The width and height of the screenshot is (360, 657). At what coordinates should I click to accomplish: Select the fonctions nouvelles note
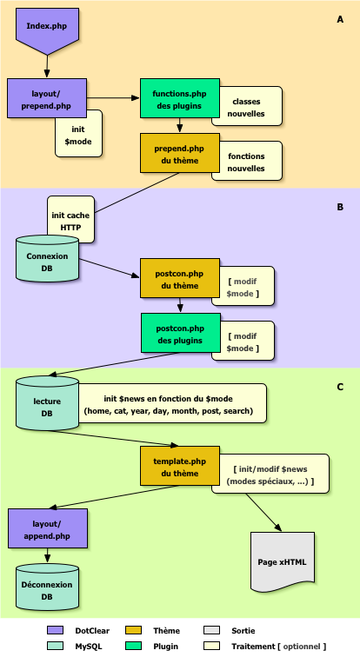coord(251,162)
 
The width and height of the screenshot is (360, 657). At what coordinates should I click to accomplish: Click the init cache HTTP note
coord(70,221)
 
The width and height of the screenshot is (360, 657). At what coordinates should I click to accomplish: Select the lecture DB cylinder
coord(47,403)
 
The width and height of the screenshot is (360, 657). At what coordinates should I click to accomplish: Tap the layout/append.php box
coord(47,530)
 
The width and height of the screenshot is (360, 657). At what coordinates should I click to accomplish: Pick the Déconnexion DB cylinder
coord(47,590)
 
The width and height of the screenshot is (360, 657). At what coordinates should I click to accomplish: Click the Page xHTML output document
coord(283,561)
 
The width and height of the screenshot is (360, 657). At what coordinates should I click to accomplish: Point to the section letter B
coord(339,208)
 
